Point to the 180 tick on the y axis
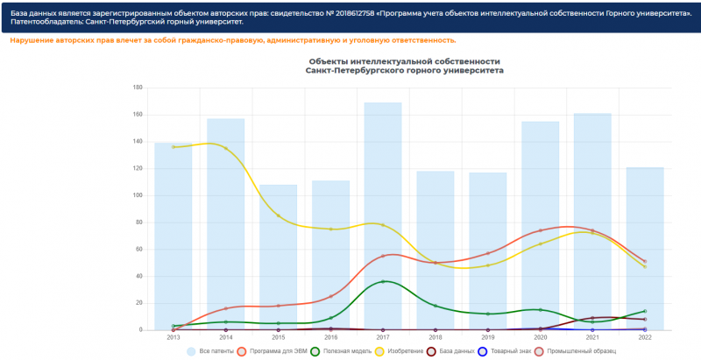[x=138, y=88]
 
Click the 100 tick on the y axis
[x=138, y=195]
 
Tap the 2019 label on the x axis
[x=488, y=336]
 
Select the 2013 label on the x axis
[x=173, y=336]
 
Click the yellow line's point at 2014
[x=225, y=148]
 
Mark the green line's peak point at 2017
[x=383, y=281]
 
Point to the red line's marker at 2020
[x=541, y=230]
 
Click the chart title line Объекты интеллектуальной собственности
[x=404, y=61]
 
